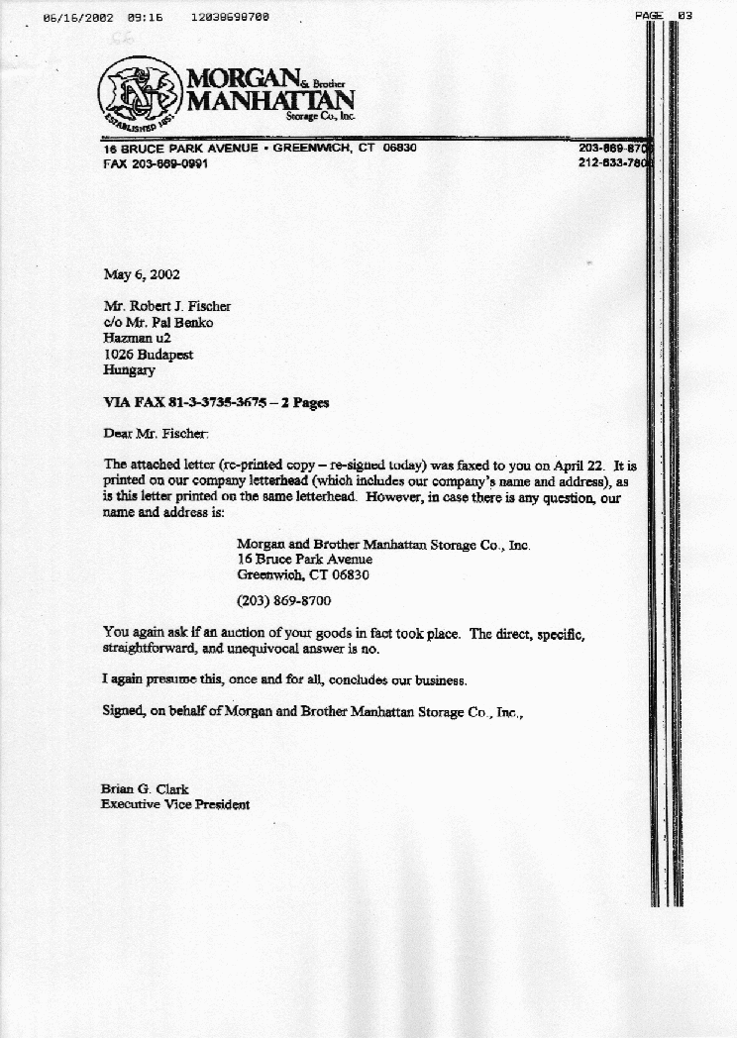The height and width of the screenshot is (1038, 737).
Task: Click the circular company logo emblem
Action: click(140, 90)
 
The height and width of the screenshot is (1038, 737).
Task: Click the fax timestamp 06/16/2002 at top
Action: click(79, 18)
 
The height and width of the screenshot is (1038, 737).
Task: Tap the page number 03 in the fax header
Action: click(684, 16)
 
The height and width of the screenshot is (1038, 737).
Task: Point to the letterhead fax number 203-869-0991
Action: click(168, 163)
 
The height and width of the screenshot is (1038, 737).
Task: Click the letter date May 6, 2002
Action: click(142, 274)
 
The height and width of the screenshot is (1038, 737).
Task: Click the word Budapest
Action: click(160, 354)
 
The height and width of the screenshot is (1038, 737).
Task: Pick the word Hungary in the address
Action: click(129, 369)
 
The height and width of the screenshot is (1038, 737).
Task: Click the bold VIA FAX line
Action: click(216, 402)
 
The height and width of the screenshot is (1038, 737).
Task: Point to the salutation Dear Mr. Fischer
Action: click(157, 433)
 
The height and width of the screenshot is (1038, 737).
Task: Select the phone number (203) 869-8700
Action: click(283, 600)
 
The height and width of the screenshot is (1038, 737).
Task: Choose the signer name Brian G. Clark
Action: click(145, 789)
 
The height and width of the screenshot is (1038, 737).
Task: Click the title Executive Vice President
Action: click(175, 804)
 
